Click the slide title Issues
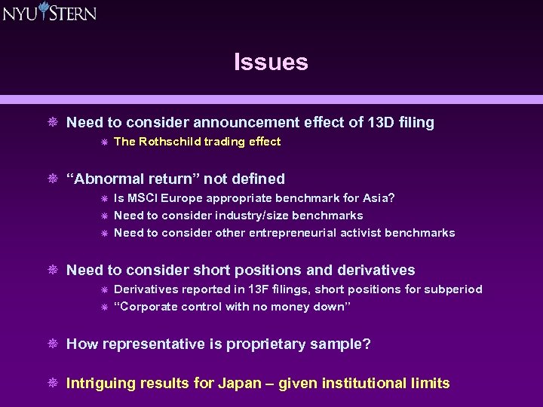[271, 62]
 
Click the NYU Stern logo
[49, 12]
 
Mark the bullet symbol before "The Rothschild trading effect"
[103, 142]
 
